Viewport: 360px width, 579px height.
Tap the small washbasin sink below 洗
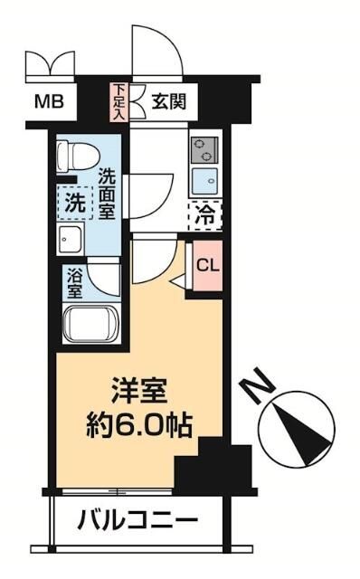(x=71, y=239)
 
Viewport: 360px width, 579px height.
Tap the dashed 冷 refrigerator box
(x=206, y=215)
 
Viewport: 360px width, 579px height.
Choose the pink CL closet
(x=206, y=266)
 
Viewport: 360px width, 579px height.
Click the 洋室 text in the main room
(x=138, y=395)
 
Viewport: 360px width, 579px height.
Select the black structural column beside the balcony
(x=201, y=465)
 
